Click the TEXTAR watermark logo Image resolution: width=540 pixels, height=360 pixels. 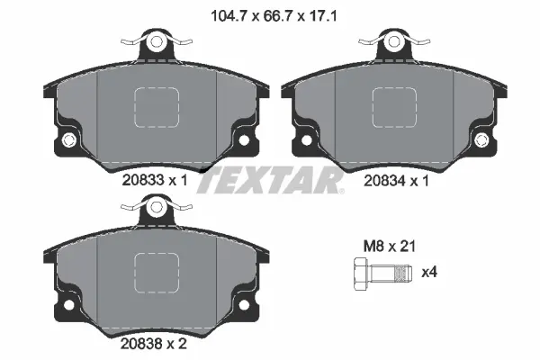pyautogui.click(x=270, y=181)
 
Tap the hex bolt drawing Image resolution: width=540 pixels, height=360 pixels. pyautogui.click(x=377, y=273)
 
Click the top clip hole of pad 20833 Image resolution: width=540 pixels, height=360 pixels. pyautogui.click(x=157, y=41)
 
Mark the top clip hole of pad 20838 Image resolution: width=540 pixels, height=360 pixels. pyautogui.click(x=157, y=206)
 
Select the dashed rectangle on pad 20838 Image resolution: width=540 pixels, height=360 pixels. pyautogui.click(x=157, y=274)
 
